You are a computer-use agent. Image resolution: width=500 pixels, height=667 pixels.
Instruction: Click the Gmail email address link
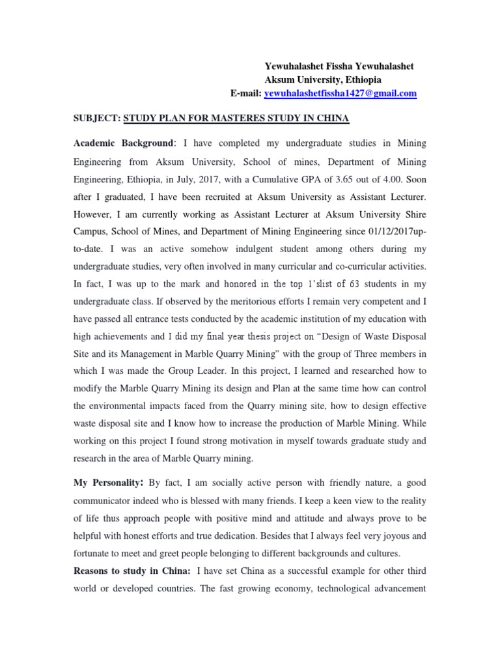point(340,94)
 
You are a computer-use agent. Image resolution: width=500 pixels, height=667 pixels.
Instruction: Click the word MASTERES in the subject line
point(227,118)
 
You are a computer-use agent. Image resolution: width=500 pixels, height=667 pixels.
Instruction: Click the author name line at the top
point(339,66)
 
